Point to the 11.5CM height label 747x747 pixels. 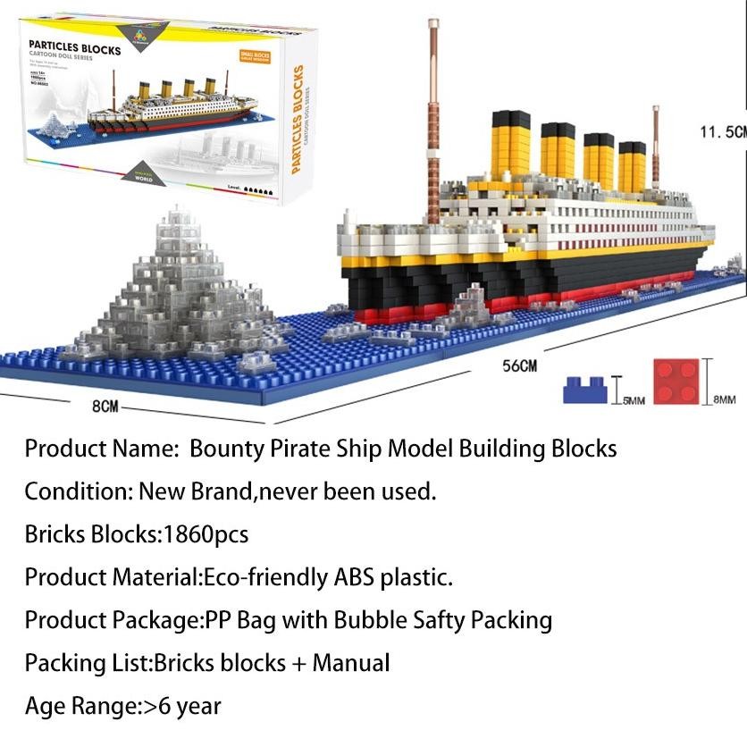[721, 132]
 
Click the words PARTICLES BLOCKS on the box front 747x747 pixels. [75, 50]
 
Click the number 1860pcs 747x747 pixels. [204, 534]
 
